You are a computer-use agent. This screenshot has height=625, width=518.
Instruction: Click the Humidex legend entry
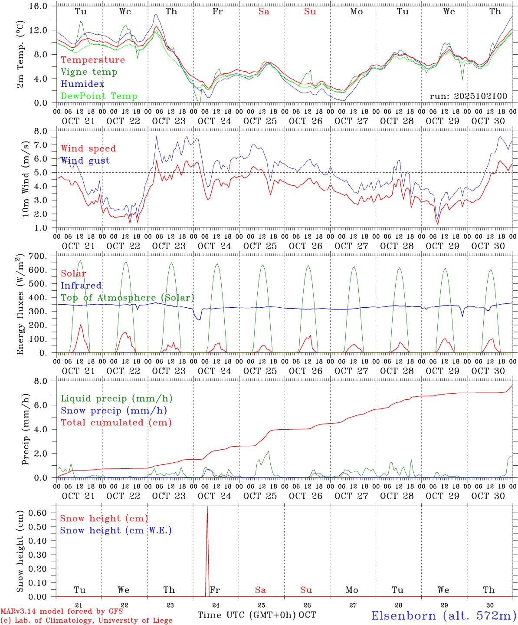pyautogui.click(x=82, y=84)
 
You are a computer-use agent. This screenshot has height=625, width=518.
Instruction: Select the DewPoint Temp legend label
pyautogui.click(x=99, y=96)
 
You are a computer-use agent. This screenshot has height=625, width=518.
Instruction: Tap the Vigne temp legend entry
pyautogui.click(x=89, y=72)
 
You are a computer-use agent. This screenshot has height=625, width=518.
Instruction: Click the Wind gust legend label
pyautogui.click(x=85, y=161)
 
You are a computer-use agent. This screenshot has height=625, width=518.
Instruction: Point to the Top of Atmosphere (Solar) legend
pyautogui.click(x=127, y=298)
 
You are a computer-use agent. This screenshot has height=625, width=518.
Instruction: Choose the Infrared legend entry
pyautogui.click(x=81, y=286)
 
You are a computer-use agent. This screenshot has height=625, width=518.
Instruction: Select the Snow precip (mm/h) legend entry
pyautogui.click(x=114, y=411)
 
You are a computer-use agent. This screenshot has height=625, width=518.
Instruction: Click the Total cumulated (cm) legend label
pyautogui.click(x=116, y=423)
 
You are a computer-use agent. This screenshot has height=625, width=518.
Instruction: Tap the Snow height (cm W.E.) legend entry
pyautogui.click(x=115, y=530)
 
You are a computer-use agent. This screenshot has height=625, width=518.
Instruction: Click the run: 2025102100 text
pyautogui.click(x=468, y=96)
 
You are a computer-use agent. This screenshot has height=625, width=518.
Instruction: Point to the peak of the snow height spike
pyautogui.click(x=207, y=507)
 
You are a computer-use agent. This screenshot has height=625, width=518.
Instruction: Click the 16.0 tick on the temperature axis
pyautogui.click(x=43, y=7)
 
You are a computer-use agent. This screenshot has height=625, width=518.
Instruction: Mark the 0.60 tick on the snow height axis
pyautogui.click(x=39, y=513)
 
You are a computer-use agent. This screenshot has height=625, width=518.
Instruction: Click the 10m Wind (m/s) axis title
pyautogui.click(x=26, y=178)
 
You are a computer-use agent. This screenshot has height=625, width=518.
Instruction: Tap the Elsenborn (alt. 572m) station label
pyautogui.click(x=443, y=615)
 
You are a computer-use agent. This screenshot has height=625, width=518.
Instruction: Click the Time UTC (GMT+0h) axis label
pyautogui.click(x=246, y=615)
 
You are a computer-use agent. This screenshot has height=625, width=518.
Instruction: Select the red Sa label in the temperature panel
pyautogui.click(x=264, y=12)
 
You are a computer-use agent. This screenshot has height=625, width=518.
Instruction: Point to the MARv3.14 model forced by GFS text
pyautogui.click(x=62, y=612)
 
